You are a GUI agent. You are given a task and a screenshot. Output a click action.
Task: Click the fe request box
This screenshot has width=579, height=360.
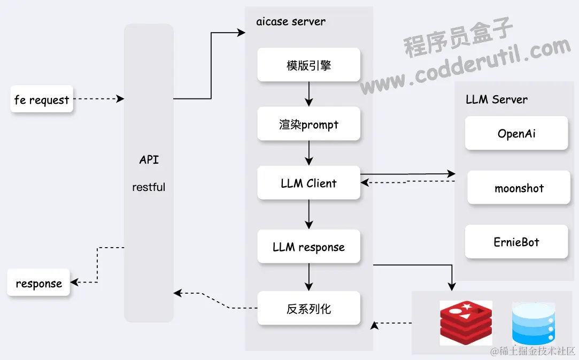pos(42,100)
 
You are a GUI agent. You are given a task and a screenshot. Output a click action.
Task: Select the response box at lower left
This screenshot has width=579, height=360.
pos(38,283)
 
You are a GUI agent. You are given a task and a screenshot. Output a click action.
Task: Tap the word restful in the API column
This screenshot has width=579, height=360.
pos(149,187)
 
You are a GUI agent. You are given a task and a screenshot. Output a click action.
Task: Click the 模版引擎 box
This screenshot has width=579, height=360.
pos(308,65)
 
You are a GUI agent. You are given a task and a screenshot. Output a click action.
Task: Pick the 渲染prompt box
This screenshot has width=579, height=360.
pos(308,125)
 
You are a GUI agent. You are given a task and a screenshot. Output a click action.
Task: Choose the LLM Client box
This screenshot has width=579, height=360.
pos(308,183)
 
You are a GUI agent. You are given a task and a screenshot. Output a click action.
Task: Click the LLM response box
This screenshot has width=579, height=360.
pos(308,247)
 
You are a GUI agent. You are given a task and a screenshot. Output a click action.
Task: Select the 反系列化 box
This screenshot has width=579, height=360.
pos(308,309)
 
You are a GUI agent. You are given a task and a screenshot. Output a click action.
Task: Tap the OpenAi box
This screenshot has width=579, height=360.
pos(516,134)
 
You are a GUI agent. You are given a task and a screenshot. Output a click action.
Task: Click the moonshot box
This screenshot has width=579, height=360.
pos(519,188)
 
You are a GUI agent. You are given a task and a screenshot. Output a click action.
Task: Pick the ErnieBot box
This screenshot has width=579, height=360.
pos(516,242)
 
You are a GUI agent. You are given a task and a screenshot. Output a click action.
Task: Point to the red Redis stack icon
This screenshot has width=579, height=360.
pos(466,323)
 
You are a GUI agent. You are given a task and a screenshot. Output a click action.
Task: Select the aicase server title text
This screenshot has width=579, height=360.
pos(291,22)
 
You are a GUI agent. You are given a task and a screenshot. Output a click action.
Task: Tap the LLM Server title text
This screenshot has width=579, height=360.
pos(496,99)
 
